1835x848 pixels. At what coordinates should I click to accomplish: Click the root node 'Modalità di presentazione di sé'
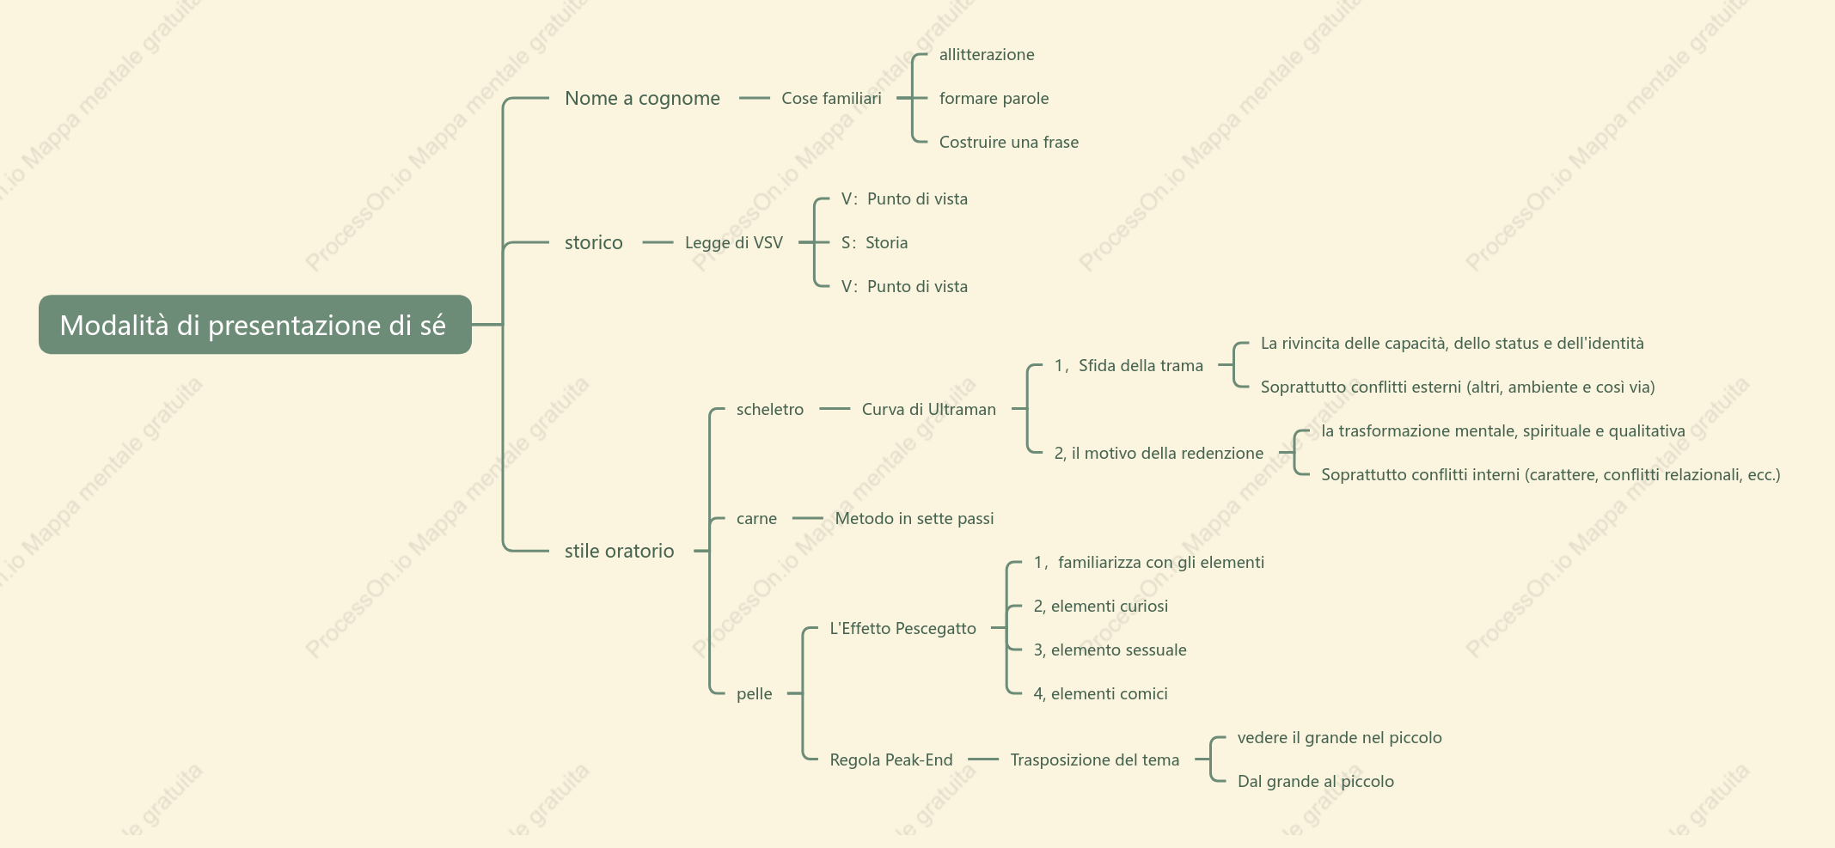click(255, 325)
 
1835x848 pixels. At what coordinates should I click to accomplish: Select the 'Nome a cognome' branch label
click(642, 99)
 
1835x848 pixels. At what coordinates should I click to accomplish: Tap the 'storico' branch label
click(594, 243)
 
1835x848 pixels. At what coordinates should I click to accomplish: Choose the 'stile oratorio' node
click(619, 551)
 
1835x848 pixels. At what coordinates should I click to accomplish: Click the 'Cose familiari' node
click(831, 99)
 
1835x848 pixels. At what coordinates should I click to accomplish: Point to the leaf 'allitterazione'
click(987, 55)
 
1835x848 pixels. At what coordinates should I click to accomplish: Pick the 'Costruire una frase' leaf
click(1009, 143)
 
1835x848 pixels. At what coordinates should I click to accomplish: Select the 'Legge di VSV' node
click(734, 243)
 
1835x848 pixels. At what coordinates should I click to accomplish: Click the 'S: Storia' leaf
click(874, 243)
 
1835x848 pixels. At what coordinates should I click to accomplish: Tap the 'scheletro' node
click(770, 410)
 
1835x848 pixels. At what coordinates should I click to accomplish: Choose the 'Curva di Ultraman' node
click(929, 410)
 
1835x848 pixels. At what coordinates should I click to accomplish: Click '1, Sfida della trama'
click(1129, 366)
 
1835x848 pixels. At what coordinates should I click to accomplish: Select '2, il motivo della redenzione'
click(1159, 454)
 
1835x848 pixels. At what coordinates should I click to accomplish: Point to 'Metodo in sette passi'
click(914, 519)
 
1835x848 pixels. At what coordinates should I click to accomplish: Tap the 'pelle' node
click(755, 694)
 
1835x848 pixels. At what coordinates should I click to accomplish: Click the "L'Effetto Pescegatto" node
click(902, 629)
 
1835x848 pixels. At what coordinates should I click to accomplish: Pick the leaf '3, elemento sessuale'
click(1110, 650)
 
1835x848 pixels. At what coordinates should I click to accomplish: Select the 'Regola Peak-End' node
click(891, 760)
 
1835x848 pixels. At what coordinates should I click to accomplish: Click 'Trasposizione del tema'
click(1095, 760)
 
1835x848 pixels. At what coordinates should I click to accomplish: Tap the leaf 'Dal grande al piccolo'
click(1316, 782)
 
